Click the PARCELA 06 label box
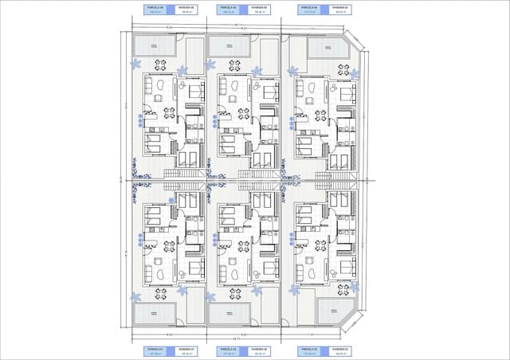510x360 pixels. pos(153,10)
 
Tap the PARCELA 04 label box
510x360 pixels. pos(311,10)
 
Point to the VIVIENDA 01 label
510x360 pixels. pos(188,350)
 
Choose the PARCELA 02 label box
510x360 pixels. pos(229,350)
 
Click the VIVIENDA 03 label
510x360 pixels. pos(342,350)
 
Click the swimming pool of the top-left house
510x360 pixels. pos(153,46)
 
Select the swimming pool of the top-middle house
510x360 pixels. pos(229,48)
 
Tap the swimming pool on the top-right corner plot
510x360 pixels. pos(327,49)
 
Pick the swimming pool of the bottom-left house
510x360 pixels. pos(153,314)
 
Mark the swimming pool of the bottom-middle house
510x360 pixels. pos(229,312)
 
